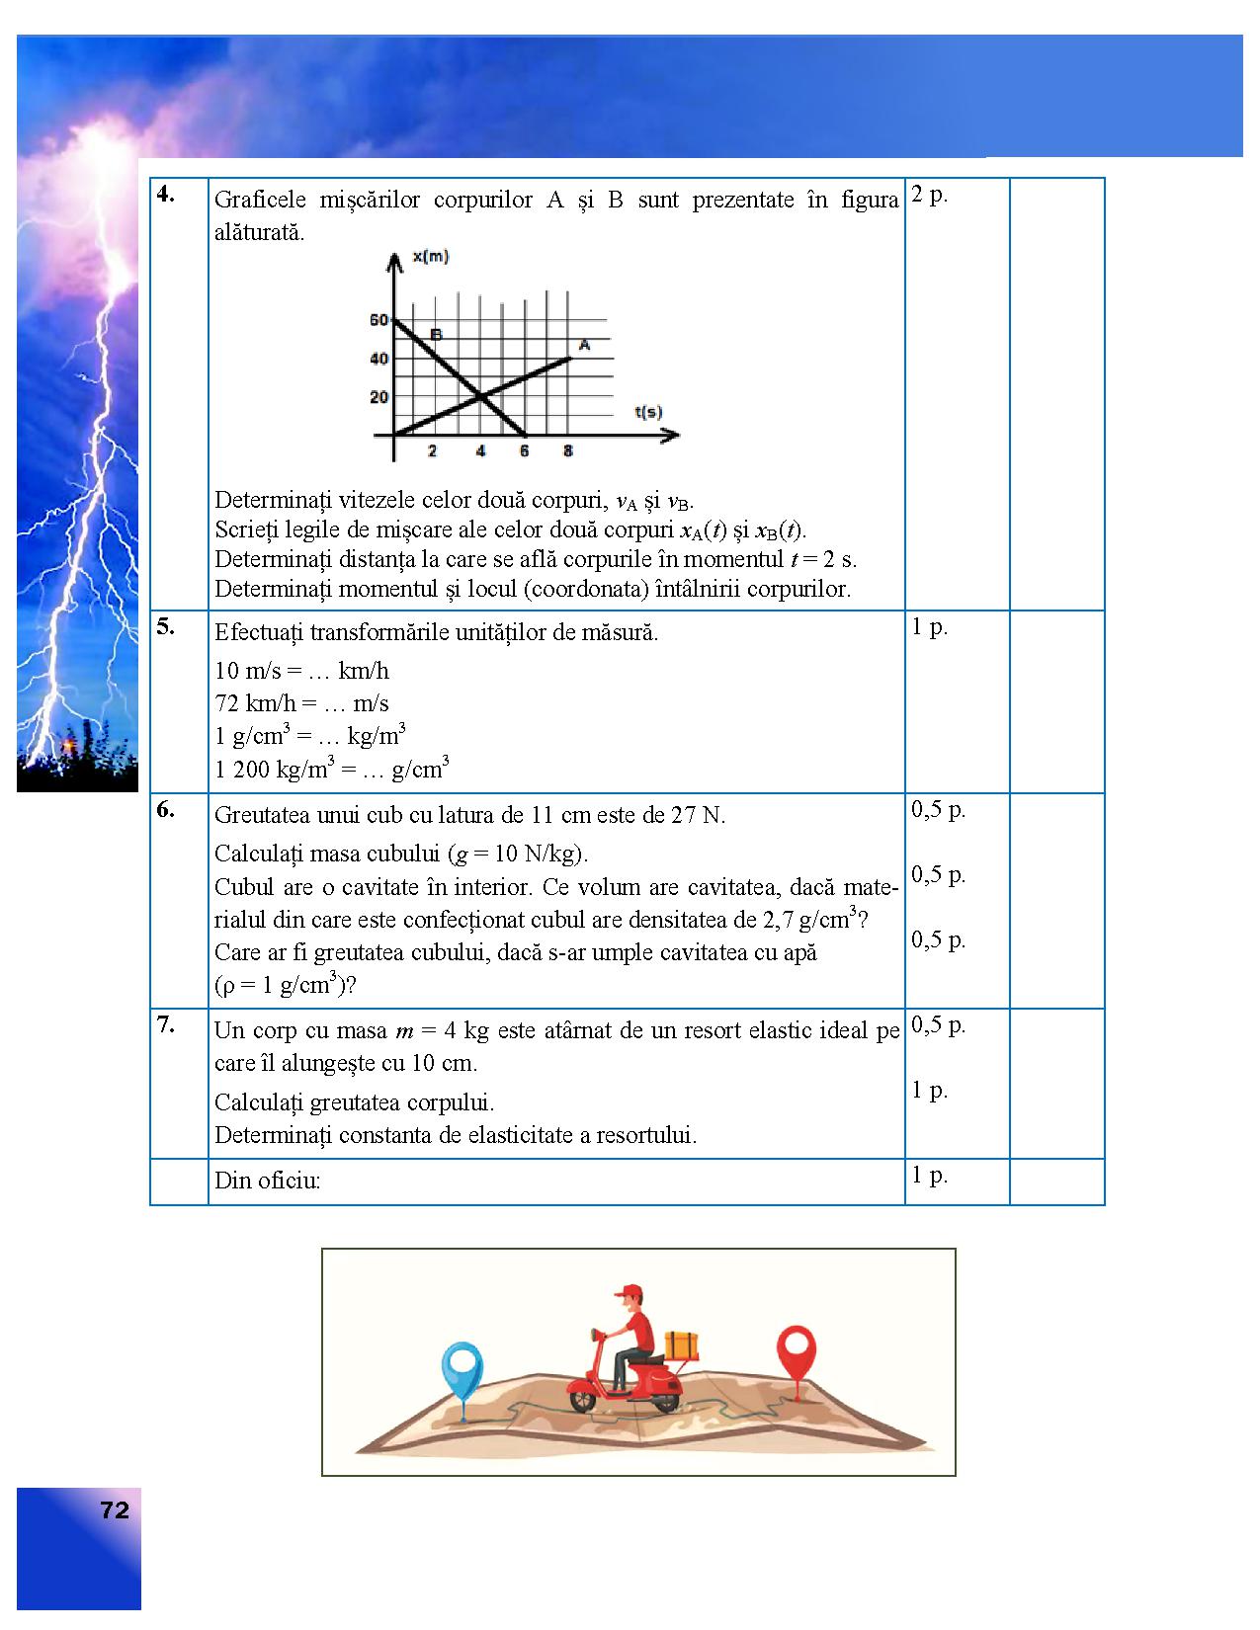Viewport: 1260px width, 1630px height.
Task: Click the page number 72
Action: click(x=115, y=1510)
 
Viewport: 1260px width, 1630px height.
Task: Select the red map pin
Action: click(x=796, y=1347)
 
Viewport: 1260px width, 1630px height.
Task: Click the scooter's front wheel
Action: click(x=583, y=1398)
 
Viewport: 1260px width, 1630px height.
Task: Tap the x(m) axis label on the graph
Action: click(x=430, y=257)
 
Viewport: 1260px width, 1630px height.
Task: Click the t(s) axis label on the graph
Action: click(x=648, y=412)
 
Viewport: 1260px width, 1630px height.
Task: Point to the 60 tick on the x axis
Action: click(x=379, y=320)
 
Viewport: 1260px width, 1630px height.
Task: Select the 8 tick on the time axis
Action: click(x=567, y=451)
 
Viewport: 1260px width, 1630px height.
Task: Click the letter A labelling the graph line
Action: click(x=584, y=345)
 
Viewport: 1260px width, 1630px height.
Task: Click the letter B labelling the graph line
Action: click(x=436, y=334)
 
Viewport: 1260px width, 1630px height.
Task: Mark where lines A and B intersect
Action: click(x=481, y=397)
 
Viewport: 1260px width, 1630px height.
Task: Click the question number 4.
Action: click(x=165, y=195)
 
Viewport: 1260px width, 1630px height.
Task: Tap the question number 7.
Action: click(x=165, y=1024)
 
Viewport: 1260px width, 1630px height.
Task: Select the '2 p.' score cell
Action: click(x=929, y=195)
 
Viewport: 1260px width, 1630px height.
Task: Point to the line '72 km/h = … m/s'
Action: click(x=301, y=703)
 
